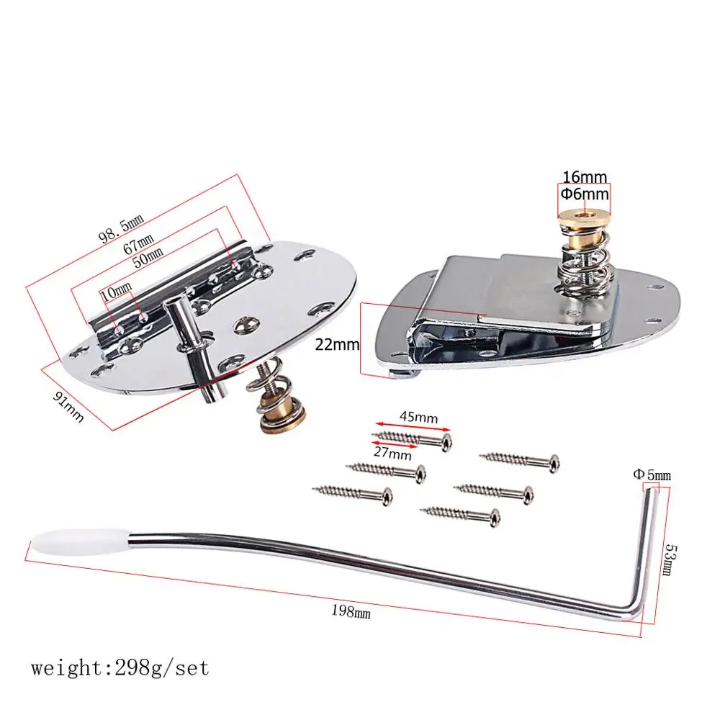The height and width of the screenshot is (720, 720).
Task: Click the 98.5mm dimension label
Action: click(x=121, y=228)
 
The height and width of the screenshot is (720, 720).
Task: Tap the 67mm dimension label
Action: click(x=138, y=244)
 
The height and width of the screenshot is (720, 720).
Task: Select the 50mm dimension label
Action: click(x=148, y=258)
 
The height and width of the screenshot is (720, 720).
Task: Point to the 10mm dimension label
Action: click(x=116, y=292)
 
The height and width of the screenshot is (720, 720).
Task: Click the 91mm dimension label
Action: click(x=68, y=407)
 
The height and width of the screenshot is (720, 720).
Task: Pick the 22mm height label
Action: click(x=337, y=344)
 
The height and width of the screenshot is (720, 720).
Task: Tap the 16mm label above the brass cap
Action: click(x=585, y=177)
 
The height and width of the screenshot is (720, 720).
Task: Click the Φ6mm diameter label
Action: click(x=585, y=194)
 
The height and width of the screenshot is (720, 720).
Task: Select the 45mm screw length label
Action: click(x=418, y=417)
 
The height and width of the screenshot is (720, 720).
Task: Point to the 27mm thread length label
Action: click(x=392, y=453)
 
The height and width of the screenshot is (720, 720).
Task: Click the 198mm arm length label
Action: click(x=351, y=611)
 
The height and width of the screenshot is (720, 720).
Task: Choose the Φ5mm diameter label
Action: click(x=652, y=474)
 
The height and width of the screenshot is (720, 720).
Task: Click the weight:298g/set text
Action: click(x=120, y=667)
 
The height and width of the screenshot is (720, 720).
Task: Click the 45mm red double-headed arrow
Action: click(x=413, y=427)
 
